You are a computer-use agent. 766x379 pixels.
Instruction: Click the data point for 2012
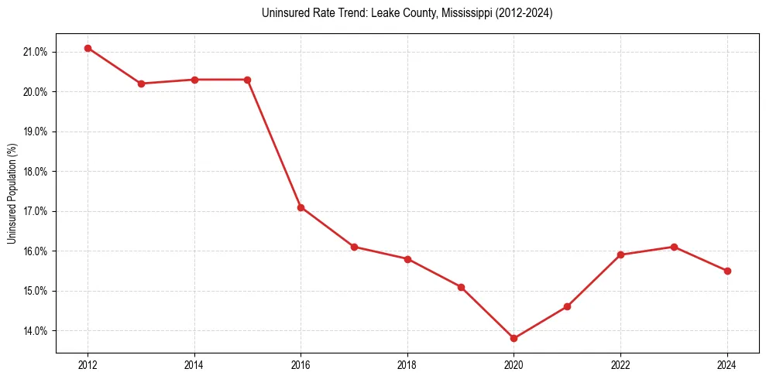pyautogui.click(x=88, y=48)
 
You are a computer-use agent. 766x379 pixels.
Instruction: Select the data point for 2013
pyautogui.click(x=141, y=84)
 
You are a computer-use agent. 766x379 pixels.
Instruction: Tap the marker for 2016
pyautogui.click(x=301, y=207)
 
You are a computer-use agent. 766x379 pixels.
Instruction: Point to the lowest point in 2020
pyautogui.click(x=514, y=338)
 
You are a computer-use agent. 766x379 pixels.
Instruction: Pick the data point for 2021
pyautogui.click(x=567, y=306)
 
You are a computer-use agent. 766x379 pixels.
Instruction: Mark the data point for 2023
pyautogui.click(x=674, y=247)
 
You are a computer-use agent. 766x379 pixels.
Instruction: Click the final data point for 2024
pyautogui.click(x=727, y=271)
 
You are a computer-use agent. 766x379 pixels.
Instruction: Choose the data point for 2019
pyautogui.click(x=461, y=287)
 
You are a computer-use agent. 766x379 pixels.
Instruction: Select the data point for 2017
pyautogui.click(x=354, y=247)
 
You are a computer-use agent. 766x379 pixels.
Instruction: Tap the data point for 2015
pyautogui.click(x=247, y=80)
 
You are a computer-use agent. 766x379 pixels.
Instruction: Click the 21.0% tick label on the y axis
pyautogui.click(x=36, y=52)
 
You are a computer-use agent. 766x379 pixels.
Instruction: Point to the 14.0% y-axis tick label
pyautogui.click(x=36, y=331)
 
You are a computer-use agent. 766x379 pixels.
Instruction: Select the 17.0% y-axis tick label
pyautogui.click(x=36, y=211)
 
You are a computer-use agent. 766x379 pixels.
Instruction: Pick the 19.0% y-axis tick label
pyautogui.click(x=36, y=131)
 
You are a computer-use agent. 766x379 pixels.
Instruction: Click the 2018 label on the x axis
pyautogui.click(x=407, y=365)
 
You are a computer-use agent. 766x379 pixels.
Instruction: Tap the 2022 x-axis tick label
pyautogui.click(x=620, y=365)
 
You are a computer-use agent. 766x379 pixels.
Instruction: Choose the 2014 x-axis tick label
pyautogui.click(x=194, y=365)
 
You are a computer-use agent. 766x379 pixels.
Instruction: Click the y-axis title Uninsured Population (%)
pyautogui.click(x=12, y=193)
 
